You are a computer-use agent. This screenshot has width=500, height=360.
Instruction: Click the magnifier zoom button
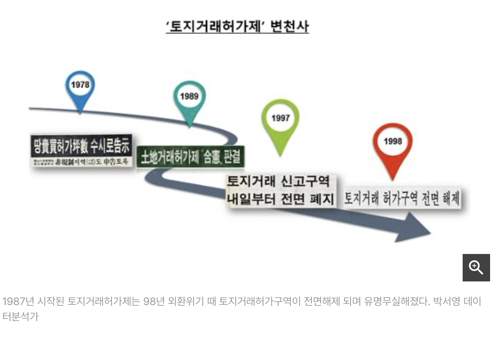476,268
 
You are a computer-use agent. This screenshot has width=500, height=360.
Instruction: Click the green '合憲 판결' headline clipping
190,157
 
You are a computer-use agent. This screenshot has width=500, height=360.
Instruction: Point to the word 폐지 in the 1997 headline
322,199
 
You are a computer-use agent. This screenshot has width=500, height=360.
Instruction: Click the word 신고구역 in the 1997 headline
305,181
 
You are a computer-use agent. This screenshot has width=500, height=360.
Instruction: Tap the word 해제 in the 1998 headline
451,198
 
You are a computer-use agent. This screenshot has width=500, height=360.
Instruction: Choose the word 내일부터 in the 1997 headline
251,199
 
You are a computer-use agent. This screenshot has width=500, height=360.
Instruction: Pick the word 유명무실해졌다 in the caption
396,302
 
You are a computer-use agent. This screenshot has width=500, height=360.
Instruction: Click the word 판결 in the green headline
232,157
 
